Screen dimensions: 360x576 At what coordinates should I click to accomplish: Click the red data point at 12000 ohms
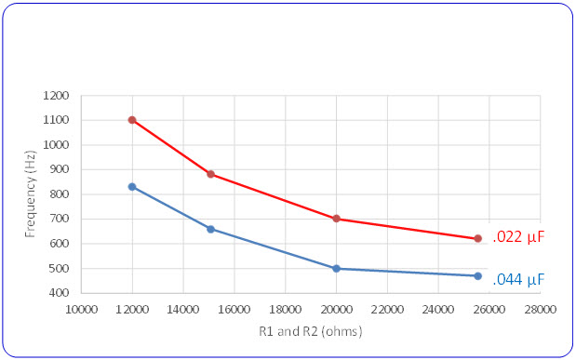pos(132,120)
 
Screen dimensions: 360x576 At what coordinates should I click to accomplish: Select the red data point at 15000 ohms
pos(210,174)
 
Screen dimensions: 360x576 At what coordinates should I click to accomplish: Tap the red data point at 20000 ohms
pos(336,219)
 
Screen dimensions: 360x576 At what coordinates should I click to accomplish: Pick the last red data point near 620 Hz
pos(477,238)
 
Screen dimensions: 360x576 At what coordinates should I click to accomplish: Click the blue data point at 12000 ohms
pos(132,187)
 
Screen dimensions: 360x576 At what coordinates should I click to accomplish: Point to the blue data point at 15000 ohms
pos(210,229)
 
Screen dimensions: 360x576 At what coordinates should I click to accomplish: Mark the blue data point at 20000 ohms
pos(336,269)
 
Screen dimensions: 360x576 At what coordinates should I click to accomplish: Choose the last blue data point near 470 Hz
pos(477,276)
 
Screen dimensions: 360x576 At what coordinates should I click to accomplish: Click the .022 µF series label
pos(517,237)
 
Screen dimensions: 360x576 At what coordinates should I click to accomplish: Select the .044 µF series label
pos(517,279)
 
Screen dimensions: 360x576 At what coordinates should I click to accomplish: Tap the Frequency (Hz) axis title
pos(32,194)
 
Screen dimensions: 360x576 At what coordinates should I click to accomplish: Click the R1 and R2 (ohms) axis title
pos(311,331)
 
